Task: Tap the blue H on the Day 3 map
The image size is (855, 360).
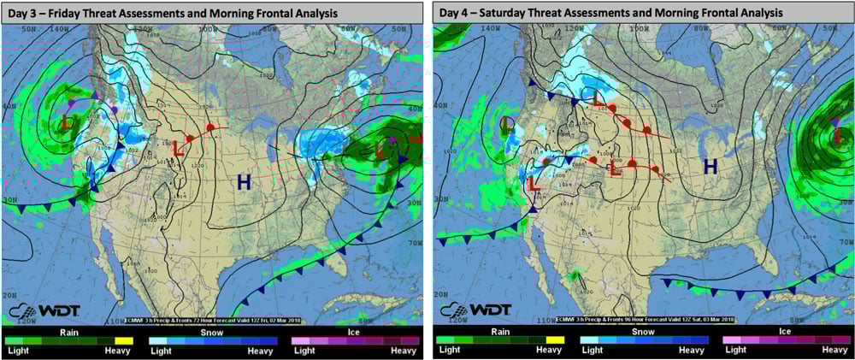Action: coord(244,181)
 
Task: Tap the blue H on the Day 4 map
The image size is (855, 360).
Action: coord(710,168)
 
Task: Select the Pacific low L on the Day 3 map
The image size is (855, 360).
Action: coord(67,122)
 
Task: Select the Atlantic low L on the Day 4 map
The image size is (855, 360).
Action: coord(838,134)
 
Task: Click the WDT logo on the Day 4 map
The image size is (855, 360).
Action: coord(473,308)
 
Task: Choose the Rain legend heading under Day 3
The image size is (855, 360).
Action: coord(69,332)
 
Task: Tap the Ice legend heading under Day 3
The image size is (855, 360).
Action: coord(354,332)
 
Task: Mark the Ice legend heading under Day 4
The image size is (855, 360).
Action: coord(785,332)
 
